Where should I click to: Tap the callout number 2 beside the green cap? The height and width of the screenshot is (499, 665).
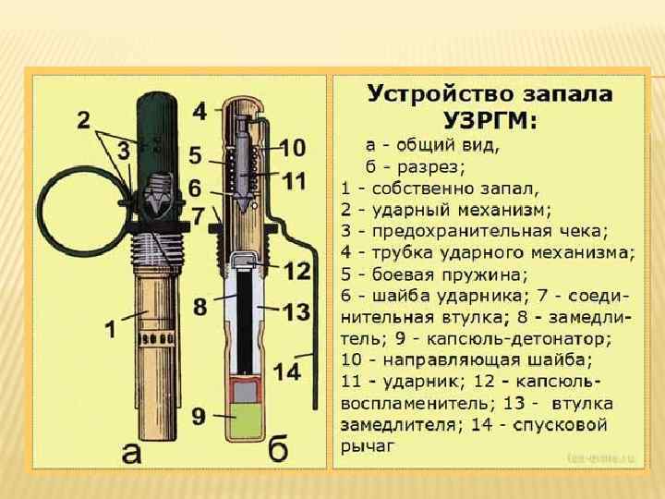coord(83,120)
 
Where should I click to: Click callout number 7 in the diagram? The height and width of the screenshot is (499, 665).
coord(196,215)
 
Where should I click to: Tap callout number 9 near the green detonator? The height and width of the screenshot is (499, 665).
coord(200,417)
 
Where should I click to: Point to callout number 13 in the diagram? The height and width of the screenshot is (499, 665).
coord(296,312)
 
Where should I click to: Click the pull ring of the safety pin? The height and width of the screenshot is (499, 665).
coord(68,213)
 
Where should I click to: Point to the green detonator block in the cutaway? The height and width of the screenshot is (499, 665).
coord(245,421)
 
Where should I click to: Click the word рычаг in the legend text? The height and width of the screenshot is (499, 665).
coord(367,446)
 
